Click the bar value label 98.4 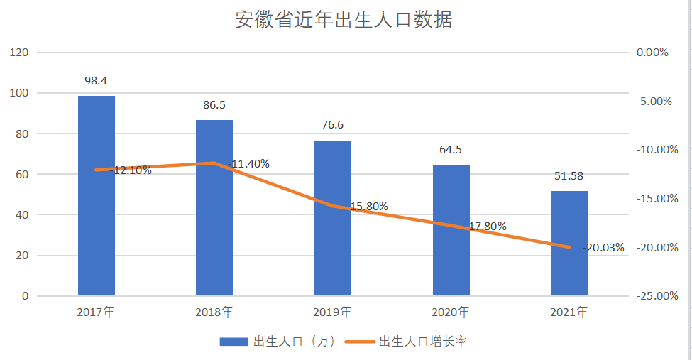[96, 80]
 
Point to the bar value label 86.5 [214, 104]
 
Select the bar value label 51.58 [569, 175]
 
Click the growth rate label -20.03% [604, 248]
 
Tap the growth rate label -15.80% [368, 207]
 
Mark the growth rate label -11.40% [249, 164]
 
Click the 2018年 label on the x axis [214, 312]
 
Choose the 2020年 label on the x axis [451, 312]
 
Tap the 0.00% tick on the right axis [656, 53]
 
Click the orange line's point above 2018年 [214, 163]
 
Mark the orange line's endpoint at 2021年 [569, 247]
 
